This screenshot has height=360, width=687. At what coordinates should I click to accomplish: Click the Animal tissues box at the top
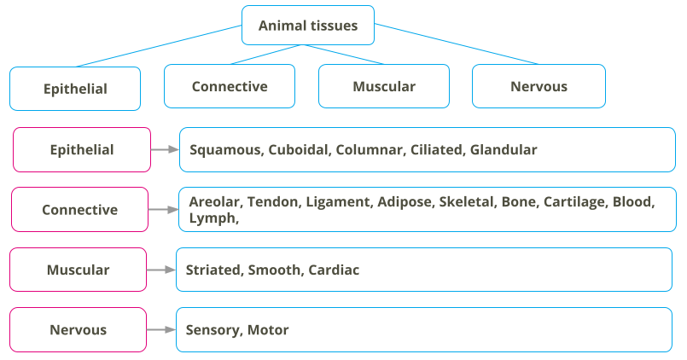[307, 26]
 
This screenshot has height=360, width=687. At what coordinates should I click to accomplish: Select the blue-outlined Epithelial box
[75, 88]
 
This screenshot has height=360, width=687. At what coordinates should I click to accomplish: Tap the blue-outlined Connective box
[229, 86]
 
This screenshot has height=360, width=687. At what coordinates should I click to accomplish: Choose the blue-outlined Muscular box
[383, 86]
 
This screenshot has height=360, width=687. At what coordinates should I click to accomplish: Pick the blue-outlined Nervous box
[539, 86]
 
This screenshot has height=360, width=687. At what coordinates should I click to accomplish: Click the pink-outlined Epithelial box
[81, 149]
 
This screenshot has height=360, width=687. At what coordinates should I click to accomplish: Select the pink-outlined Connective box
[79, 209]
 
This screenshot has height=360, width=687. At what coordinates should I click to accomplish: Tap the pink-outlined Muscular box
[78, 270]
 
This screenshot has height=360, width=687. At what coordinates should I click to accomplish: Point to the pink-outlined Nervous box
[78, 329]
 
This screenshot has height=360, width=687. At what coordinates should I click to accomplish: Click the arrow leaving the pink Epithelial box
[164, 149]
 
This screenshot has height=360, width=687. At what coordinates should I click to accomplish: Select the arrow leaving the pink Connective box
[162, 209]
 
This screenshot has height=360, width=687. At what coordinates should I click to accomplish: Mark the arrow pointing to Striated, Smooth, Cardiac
[160, 270]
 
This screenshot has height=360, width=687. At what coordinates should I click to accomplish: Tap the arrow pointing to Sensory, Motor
[160, 329]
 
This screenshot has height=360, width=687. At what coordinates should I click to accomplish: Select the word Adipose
[405, 202]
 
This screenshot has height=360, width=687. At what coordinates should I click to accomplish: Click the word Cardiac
[334, 270]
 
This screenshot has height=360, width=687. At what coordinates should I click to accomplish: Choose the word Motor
[268, 330]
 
